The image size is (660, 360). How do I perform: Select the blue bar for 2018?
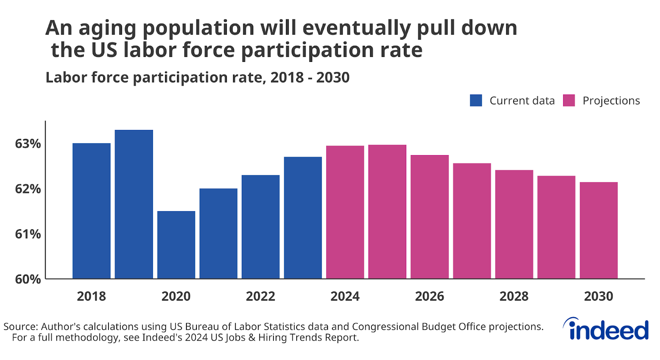click(x=92, y=211)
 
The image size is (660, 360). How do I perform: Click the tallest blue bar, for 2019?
click(x=134, y=204)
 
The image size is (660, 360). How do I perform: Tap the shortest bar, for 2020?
click(x=176, y=245)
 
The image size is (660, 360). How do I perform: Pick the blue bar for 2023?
click(x=303, y=218)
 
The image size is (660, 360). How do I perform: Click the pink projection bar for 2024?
click(x=345, y=212)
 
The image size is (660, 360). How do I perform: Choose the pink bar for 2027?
click(x=472, y=221)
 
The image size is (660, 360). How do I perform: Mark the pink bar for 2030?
click(x=599, y=230)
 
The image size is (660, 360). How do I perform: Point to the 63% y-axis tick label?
click(x=28, y=144)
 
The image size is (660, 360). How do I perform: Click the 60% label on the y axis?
click(x=28, y=279)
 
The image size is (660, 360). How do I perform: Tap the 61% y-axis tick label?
click(x=28, y=234)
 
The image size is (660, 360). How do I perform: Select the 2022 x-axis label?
click(x=260, y=296)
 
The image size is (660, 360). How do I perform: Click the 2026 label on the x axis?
click(x=429, y=296)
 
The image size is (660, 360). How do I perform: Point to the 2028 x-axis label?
click(x=514, y=296)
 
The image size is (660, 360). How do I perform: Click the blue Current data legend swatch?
click(x=476, y=101)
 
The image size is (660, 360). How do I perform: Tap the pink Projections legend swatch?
click(x=569, y=101)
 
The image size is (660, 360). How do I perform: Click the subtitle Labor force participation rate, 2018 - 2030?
click(x=197, y=78)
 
